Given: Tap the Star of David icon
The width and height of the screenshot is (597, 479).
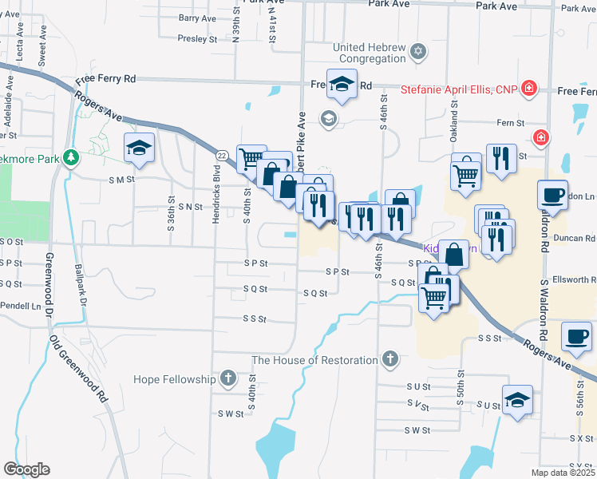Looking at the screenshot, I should (x=417, y=53).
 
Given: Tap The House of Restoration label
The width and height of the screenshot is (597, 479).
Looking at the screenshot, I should (x=315, y=360).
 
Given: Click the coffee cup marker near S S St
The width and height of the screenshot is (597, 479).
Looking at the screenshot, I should (x=576, y=335).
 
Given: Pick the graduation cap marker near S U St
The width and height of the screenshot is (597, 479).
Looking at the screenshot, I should (x=517, y=400).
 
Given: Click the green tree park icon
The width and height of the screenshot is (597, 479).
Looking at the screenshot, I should (x=72, y=156).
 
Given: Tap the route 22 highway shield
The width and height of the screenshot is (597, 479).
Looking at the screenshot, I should (x=222, y=154).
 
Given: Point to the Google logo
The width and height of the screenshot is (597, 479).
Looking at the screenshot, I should (x=26, y=469).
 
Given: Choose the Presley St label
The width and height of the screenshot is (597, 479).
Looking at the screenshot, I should (x=197, y=38).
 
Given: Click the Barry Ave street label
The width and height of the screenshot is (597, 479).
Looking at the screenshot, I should (x=198, y=18).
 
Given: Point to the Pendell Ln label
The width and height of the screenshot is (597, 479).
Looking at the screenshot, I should (x=22, y=306).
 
